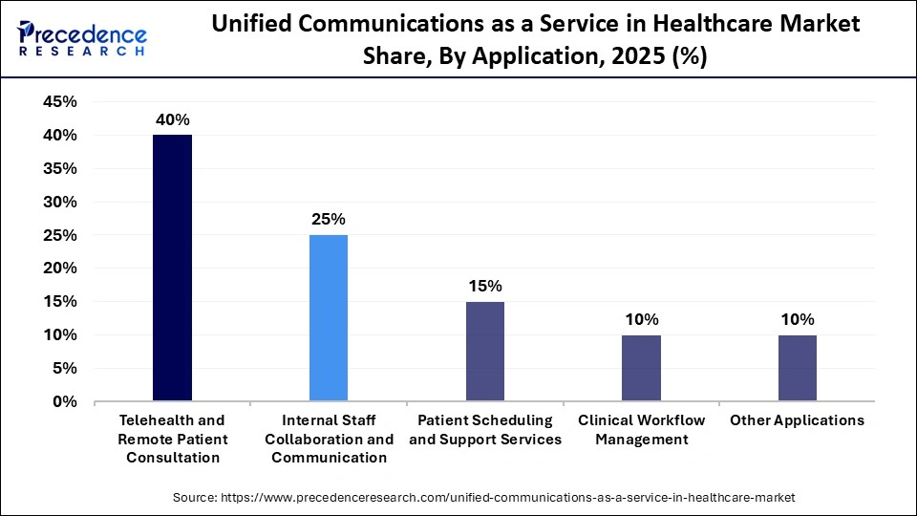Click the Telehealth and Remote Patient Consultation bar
coord(172,268)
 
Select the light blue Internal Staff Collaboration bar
coord(329,318)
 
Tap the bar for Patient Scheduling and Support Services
coord(485,352)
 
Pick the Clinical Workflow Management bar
coord(641,368)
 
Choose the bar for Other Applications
coord(797,368)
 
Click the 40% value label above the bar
coord(172,119)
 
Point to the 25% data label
coord(329,219)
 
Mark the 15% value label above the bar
coord(485,286)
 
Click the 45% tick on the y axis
coord(60,102)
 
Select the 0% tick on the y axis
coord(65,402)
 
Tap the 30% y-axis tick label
coord(60,203)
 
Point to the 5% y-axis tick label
coord(65,369)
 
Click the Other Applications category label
coord(797,420)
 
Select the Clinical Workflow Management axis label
coord(641,430)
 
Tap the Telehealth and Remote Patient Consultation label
coord(172,439)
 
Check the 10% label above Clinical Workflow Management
coord(641,319)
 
